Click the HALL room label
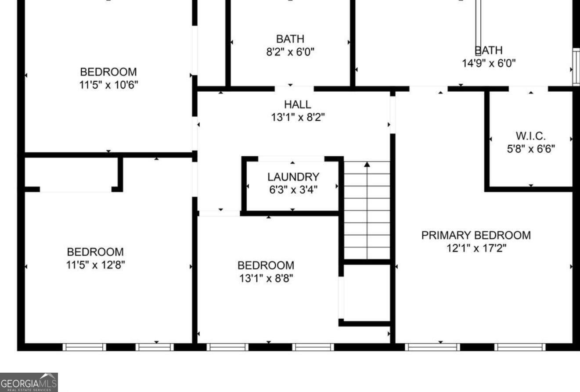click(298, 104)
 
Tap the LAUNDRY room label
click(293, 177)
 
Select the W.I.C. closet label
click(530, 136)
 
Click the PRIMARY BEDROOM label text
click(476, 235)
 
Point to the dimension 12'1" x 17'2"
click(476, 248)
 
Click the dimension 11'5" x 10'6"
click(108, 85)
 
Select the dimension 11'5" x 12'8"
click(96, 265)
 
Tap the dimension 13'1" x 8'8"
click(266, 278)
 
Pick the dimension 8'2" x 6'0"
click(290, 52)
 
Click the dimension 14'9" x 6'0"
click(489, 63)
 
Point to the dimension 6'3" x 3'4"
click(293, 190)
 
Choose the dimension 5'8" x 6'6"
click(531, 149)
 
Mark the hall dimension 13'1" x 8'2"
click(298, 117)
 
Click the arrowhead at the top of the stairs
click(367, 164)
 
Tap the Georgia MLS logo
click(29, 382)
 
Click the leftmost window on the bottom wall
click(84, 347)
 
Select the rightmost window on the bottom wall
click(520, 347)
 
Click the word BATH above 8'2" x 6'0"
click(290, 39)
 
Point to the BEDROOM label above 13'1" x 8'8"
click(266, 266)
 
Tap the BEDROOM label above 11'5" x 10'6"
click(108, 72)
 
